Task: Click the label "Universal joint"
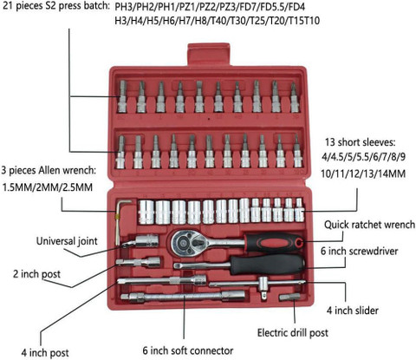67,241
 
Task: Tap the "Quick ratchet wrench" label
369,225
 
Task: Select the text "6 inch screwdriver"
359,251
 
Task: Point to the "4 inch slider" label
353,311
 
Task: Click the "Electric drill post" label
293,333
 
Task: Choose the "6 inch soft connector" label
188,350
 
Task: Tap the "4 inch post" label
45,353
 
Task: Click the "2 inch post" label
36,274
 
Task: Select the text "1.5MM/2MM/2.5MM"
48,187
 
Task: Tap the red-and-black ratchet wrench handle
273,242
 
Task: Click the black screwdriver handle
267,264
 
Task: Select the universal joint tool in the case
140,241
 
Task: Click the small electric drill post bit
289,297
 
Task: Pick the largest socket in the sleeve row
146,213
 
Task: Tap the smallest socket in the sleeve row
300,210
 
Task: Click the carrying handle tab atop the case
209,55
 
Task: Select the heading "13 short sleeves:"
360,142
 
